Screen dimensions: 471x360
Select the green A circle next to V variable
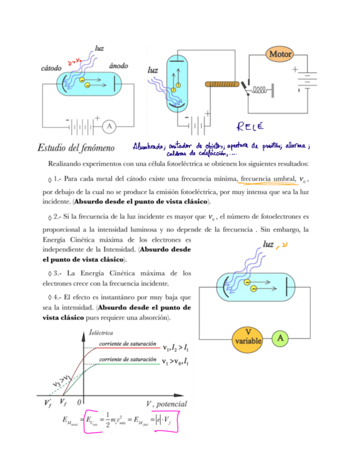pyautogui.click(x=281, y=337)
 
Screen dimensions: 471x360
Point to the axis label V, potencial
pyautogui.click(x=167, y=404)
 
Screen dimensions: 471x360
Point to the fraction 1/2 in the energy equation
pyautogui.click(x=107, y=422)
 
